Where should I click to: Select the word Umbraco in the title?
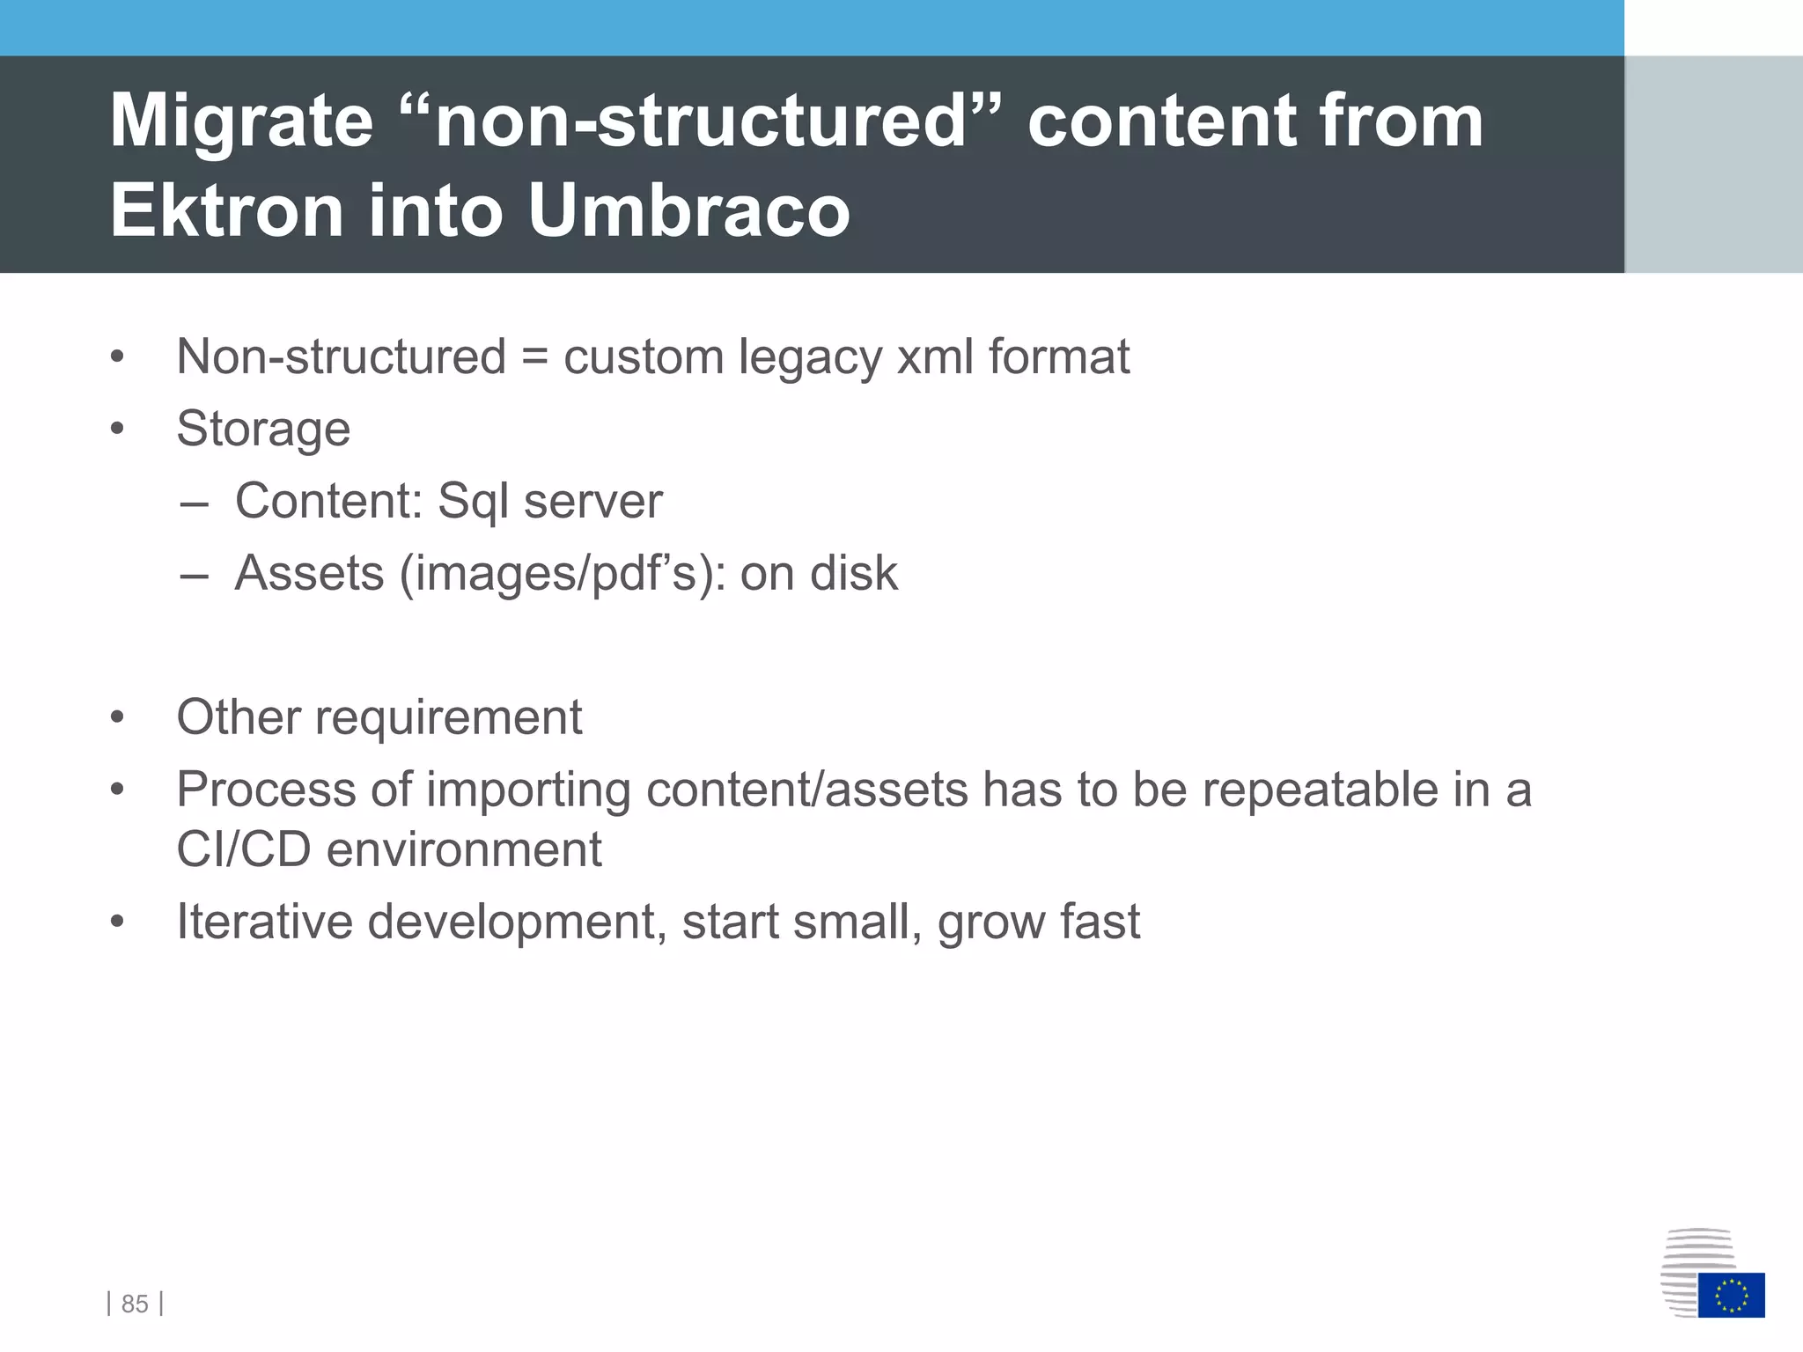(688, 211)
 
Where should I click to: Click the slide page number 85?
(135, 1304)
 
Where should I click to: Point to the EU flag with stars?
(1731, 1295)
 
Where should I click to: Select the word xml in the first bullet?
(935, 357)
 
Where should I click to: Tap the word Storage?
(263, 430)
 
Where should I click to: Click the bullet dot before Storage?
(117, 430)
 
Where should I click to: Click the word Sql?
(474, 502)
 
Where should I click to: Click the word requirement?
(448, 718)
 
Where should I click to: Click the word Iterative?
(264, 922)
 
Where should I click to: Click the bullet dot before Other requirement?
(117, 717)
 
